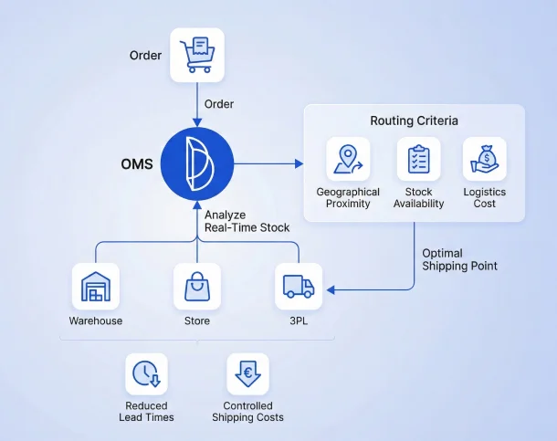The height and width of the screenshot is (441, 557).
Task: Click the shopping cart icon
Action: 197,57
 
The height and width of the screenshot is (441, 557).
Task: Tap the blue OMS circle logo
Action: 197,164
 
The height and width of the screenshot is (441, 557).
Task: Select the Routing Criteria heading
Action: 414,121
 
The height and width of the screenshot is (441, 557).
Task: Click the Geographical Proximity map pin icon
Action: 348,160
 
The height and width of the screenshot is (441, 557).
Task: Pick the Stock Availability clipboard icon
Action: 418,160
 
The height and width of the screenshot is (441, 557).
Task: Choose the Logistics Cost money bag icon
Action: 485,160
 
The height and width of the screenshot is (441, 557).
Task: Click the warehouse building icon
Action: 95,287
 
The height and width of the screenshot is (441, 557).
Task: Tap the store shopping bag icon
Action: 197,287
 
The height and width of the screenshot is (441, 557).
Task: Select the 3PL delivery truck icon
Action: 299,287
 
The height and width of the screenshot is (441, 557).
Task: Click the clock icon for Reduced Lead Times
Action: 146,374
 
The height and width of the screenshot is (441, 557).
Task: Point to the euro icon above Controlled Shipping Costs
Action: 247,374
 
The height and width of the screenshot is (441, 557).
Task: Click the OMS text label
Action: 137,165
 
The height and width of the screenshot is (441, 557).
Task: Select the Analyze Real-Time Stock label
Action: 247,221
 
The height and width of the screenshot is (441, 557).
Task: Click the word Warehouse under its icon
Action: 95,320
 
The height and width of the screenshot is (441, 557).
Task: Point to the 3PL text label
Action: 299,320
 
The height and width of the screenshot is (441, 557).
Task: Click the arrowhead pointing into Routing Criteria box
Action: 300,164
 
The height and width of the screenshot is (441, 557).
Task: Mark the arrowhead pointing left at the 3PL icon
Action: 331,289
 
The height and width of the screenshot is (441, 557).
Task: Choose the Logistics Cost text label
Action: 485,197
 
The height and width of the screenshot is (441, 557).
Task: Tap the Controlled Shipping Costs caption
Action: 247,412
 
